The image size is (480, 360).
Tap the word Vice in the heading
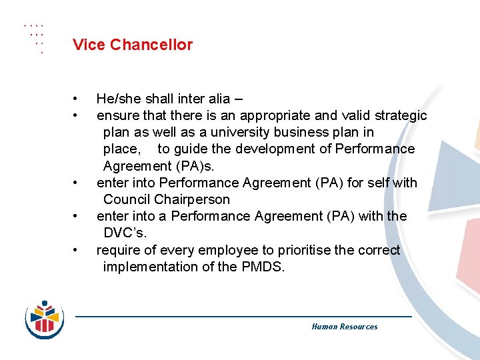click(x=89, y=45)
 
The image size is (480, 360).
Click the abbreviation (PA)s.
click(x=197, y=165)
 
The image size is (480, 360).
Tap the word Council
click(x=127, y=199)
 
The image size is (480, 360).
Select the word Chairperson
click(x=192, y=199)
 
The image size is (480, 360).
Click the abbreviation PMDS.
click(x=263, y=267)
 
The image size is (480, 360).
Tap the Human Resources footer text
click(x=344, y=327)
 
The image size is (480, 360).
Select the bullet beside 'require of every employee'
click(x=77, y=250)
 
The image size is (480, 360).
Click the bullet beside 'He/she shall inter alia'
click(x=77, y=99)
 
